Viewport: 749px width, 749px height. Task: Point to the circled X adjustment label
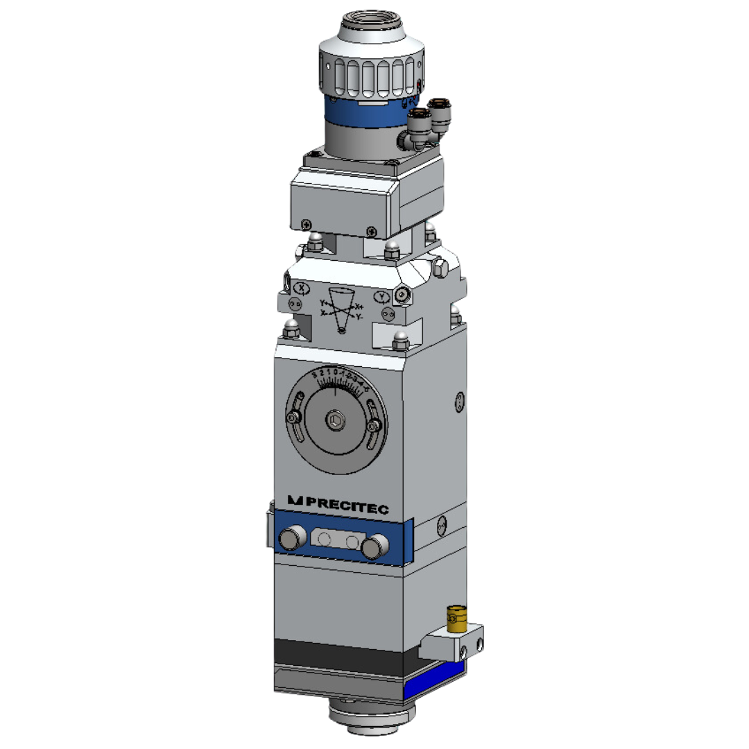pos(302,287)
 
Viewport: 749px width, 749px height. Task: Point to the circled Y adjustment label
pos(381,298)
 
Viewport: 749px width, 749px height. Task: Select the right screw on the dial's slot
pos(374,425)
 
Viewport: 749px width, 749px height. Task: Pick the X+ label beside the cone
pos(359,307)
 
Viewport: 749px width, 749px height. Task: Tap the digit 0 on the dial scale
pos(335,374)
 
